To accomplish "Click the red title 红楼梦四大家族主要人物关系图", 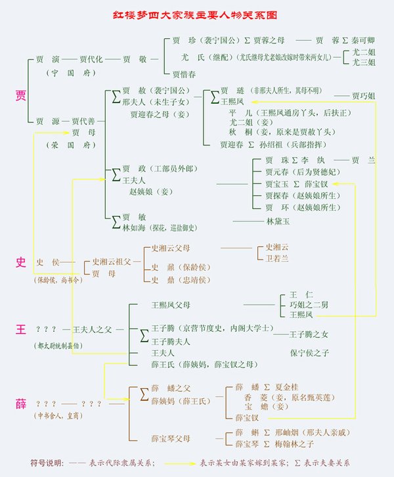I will pyautogui.click(x=198, y=12).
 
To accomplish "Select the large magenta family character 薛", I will pyautogui.click(x=20, y=402).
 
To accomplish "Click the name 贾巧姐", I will pyautogui.click(x=363, y=96).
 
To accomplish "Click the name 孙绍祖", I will pyautogui.click(x=270, y=144).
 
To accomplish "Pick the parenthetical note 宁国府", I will pyautogui.click(x=58, y=72).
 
